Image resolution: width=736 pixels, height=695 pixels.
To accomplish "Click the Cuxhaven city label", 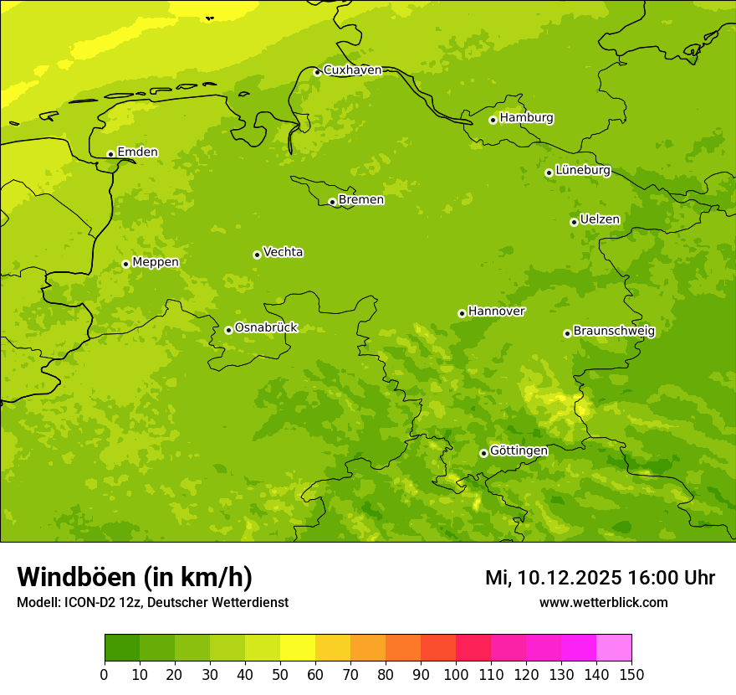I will (x=352, y=70).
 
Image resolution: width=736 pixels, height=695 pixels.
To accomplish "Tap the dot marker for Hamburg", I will (x=493, y=120).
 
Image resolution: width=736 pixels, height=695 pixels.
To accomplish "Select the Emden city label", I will (x=137, y=152).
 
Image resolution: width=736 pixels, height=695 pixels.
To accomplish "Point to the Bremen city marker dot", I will (x=332, y=202).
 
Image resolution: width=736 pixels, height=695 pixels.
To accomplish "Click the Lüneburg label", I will (x=582, y=170).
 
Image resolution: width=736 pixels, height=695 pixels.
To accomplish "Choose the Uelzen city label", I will (x=600, y=219).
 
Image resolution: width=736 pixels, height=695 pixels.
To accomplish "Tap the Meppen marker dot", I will (x=125, y=264).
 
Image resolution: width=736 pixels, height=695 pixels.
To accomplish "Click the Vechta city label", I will (x=283, y=252).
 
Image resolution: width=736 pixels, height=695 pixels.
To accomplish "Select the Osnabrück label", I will (x=266, y=327).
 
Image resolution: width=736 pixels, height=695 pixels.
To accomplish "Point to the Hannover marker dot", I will (x=462, y=313).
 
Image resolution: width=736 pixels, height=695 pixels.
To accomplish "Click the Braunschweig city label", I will (x=614, y=332).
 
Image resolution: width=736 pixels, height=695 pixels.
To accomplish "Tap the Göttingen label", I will (x=519, y=450).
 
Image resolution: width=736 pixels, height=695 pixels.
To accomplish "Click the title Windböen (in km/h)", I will (x=135, y=577).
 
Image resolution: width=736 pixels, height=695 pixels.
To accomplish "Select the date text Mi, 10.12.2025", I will (x=553, y=578).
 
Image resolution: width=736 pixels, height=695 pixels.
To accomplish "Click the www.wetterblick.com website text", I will (x=603, y=603).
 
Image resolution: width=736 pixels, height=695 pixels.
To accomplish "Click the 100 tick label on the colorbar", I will (x=456, y=674).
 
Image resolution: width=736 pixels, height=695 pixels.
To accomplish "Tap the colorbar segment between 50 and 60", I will (x=298, y=648).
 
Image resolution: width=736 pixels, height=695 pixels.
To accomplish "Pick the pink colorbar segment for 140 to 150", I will (x=614, y=648).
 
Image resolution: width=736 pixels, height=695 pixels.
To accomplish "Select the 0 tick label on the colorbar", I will (x=105, y=674).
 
